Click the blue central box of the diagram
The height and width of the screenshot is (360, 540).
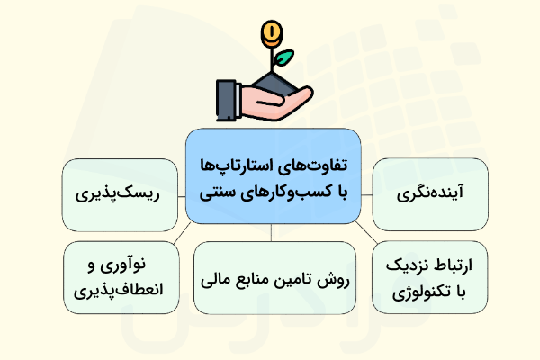coord(273,176)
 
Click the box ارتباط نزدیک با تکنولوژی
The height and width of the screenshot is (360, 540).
coord(428,280)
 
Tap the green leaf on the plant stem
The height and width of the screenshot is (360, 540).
coord(284,58)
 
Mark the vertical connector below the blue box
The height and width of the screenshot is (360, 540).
coord(273,233)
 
